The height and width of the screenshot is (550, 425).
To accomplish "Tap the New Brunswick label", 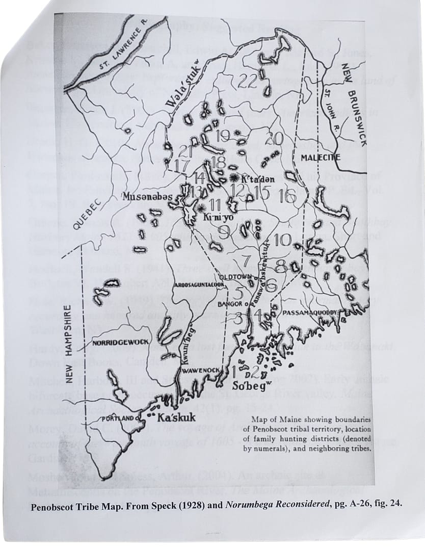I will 355,103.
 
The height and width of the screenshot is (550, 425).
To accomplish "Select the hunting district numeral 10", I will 282,240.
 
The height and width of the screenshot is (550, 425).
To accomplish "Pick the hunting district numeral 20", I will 274,138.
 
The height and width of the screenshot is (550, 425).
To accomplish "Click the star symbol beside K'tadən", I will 234,178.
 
